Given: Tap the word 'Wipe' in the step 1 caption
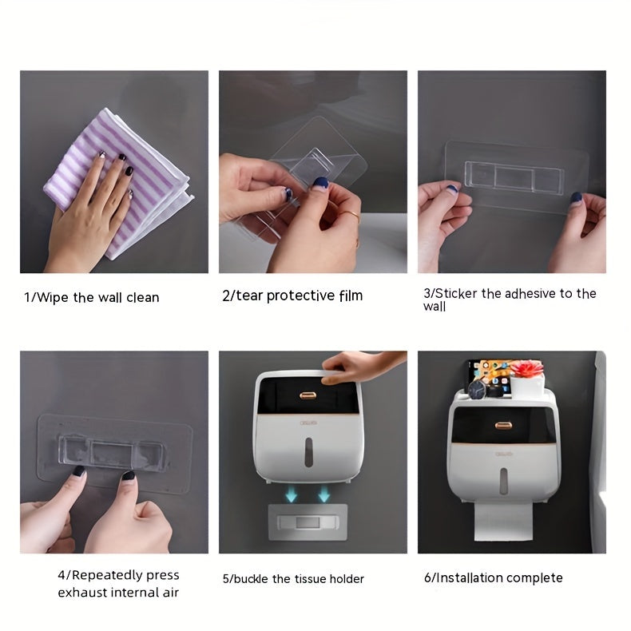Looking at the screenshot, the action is [x=52, y=298].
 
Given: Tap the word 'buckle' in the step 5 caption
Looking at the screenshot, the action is [x=251, y=579].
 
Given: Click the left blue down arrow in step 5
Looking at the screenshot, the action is [x=291, y=494].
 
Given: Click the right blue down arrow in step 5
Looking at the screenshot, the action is [x=324, y=494].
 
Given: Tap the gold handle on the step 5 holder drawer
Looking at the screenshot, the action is [x=308, y=395].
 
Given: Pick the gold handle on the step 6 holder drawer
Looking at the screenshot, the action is [x=503, y=426].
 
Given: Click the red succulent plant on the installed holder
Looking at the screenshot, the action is [x=526, y=369].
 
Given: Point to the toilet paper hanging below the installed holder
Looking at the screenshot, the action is [x=503, y=522].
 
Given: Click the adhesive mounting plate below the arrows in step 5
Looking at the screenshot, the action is [x=308, y=522].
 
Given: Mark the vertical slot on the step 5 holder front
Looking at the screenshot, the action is [x=308, y=452].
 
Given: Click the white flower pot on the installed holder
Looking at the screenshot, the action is [x=527, y=386].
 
